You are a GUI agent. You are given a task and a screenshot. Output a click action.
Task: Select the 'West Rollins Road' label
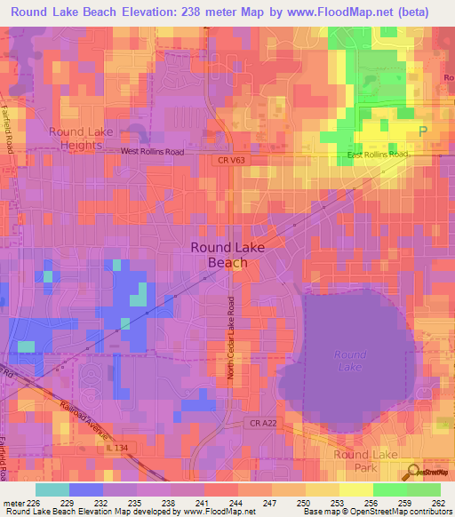tap(152, 152)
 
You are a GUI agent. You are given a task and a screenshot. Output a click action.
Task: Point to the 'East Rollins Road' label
tap(377, 155)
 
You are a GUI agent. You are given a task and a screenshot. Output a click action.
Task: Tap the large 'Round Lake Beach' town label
tap(227, 255)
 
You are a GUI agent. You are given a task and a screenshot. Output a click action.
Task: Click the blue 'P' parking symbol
tap(422, 131)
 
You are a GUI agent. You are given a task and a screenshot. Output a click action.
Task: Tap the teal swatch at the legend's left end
tap(52, 489)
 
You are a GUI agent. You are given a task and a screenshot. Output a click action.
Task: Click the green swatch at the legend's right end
tap(423, 489)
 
